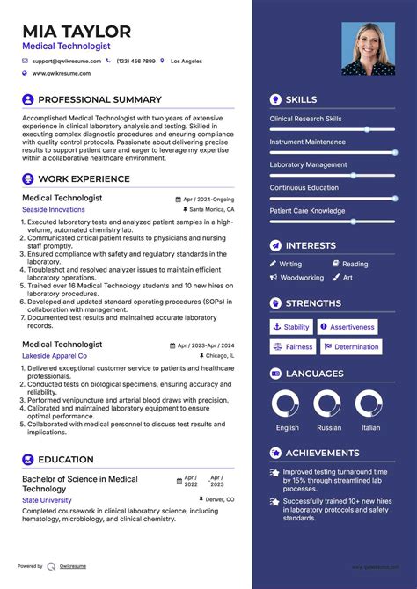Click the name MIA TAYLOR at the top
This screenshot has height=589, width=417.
tap(77, 32)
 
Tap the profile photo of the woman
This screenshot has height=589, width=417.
tap(369, 48)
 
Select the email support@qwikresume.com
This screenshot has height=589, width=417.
tap(67, 62)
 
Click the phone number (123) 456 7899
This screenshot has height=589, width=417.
tap(135, 62)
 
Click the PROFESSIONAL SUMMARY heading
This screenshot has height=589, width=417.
tap(99, 100)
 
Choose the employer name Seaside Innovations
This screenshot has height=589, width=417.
tap(55, 210)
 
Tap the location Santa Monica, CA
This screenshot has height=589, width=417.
tap(212, 210)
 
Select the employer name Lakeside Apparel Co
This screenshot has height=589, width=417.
tap(55, 356)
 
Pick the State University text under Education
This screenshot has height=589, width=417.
tap(47, 500)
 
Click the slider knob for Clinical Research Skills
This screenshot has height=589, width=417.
tap(367, 129)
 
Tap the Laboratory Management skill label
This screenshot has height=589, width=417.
tap(308, 164)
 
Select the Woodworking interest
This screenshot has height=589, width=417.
tap(302, 278)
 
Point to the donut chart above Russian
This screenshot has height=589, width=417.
tap(328, 404)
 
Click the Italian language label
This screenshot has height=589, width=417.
tap(370, 428)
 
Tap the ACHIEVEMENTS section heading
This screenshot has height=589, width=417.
tap(323, 454)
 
